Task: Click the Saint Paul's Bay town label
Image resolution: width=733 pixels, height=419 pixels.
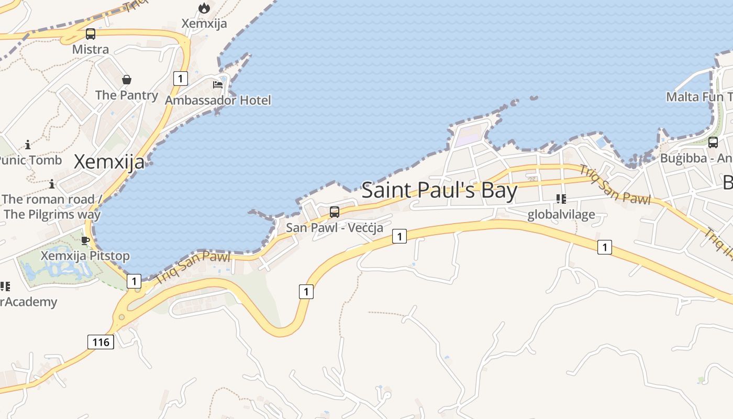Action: (439, 190)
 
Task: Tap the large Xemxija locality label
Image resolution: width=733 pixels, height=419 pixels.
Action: (109, 162)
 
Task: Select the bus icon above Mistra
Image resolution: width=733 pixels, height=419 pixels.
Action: (91, 35)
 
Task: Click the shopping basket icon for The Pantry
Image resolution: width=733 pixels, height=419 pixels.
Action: (127, 80)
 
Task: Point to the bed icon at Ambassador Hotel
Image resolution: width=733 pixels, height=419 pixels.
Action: (218, 84)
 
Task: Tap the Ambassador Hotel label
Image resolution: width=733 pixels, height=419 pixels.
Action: (218, 100)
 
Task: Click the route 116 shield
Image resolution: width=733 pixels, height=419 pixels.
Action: (101, 343)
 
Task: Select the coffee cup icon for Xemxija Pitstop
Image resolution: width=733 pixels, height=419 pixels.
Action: (85, 240)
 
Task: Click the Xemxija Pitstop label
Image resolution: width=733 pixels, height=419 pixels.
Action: (85, 256)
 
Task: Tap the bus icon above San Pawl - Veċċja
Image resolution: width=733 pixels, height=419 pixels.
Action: (334, 212)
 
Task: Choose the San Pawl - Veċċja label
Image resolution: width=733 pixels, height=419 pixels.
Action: (334, 228)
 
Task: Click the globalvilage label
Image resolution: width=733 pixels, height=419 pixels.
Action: (561, 214)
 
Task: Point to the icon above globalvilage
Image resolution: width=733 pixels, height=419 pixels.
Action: (561, 199)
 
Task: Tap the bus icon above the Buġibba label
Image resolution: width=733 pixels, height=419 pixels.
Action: (713, 142)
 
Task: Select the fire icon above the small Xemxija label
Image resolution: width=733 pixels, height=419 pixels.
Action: (204, 8)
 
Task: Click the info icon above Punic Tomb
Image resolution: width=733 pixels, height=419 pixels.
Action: (27, 144)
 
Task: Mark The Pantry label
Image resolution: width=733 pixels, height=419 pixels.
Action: (127, 95)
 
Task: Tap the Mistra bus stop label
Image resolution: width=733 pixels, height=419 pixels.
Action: (91, 50)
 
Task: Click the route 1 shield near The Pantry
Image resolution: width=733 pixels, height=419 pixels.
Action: (180, 79)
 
